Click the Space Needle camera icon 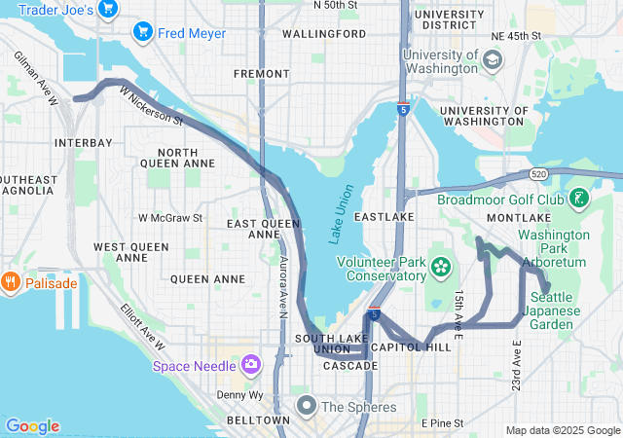251,365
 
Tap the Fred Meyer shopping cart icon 144,33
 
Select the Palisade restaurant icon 12,283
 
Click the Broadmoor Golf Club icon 579,200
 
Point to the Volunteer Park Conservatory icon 441,266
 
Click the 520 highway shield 538,173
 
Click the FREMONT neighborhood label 262,74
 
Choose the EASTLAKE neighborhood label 385,216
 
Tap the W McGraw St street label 170,218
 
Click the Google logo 32,426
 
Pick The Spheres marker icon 306,405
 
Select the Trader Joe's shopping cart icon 108,10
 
